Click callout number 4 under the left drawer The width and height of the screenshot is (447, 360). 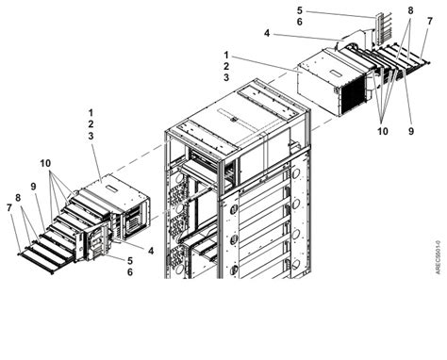150,251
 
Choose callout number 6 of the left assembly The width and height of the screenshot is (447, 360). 129,272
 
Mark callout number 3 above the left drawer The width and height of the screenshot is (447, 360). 90,138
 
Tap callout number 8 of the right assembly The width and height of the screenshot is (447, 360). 410,10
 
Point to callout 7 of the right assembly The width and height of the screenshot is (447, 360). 429,20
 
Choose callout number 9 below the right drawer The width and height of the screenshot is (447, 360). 411,131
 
